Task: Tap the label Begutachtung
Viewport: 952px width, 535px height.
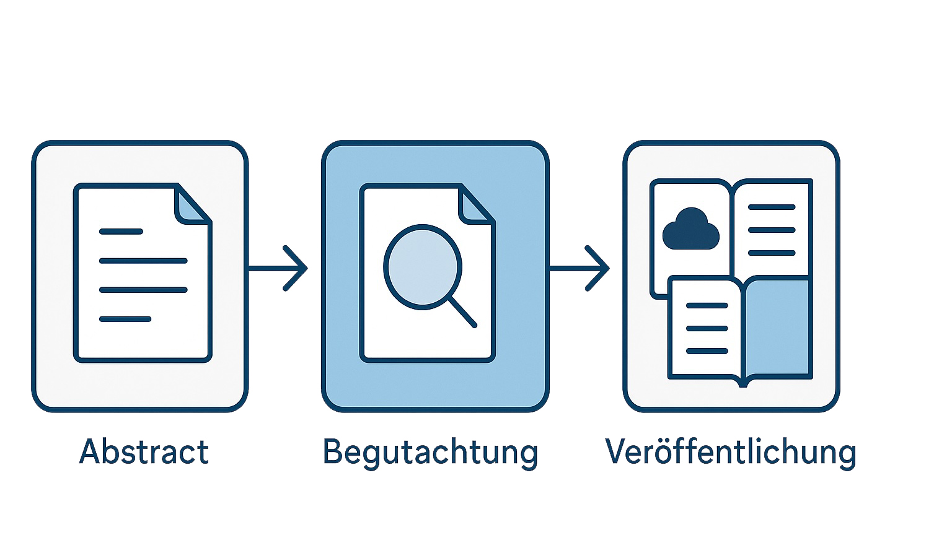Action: (x=430, y=453)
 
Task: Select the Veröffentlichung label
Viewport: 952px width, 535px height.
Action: (x=730, y=453)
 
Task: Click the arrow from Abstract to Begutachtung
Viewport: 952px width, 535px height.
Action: (x=278, y=268)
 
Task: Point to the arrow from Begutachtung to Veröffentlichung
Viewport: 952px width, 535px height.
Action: (x=580, y=268)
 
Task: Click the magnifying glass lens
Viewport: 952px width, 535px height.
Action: (x=423, y=266)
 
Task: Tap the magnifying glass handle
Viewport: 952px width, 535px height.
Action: (x=462, y=311)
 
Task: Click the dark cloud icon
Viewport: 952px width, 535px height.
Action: (x=690, y=230)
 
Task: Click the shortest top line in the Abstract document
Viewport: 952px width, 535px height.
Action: (x=121, y=232)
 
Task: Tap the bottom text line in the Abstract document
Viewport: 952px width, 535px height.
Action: (x=125, y=319)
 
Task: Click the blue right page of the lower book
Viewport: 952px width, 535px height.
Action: (x=778, y=327)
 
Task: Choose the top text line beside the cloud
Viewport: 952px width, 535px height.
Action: (x=772, y=207)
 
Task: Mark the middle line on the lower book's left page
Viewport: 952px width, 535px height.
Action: (x=707, y=328)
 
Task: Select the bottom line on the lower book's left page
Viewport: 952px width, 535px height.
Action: (x=707, y=351)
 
